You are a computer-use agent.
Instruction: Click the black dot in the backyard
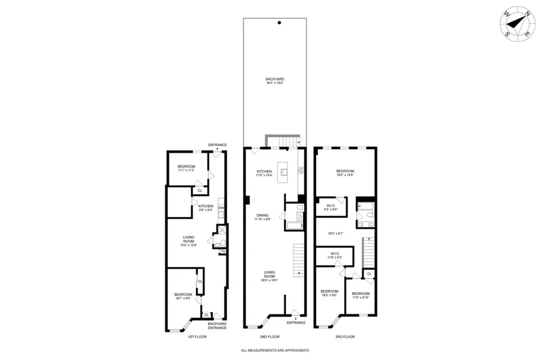point(279,23)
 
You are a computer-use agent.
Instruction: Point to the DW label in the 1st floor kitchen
point(221,208)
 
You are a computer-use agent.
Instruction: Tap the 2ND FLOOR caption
point(270,337)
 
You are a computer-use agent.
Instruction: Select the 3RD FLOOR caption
point(345,337)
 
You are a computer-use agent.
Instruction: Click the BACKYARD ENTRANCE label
point(217,326)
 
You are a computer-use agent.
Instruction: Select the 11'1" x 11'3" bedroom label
point(186,169)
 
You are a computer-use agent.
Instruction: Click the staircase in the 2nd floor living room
point(299,259)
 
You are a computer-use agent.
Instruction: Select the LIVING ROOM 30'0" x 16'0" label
point(270,276)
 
